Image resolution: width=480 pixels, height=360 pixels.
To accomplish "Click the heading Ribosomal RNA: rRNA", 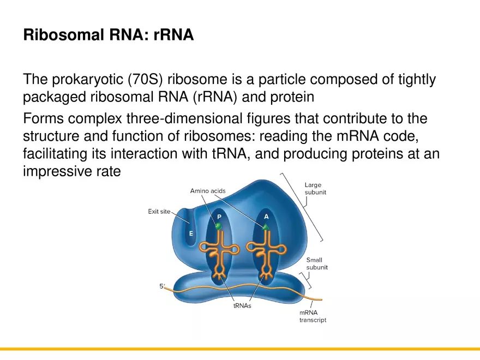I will coord(108,36).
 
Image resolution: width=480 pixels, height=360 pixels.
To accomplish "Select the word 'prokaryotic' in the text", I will coord(87,80).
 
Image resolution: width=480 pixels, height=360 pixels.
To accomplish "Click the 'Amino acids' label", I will coord(207,191).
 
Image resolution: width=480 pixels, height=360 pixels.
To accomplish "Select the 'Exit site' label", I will coord(159,212).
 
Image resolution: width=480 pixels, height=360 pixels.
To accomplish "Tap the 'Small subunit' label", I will coord(316,264).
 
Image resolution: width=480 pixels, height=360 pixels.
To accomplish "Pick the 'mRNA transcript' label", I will coord(313,316).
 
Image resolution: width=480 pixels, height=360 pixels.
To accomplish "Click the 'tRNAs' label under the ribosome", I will coord(242,306).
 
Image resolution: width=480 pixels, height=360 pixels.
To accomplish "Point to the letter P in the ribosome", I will coord(218,216).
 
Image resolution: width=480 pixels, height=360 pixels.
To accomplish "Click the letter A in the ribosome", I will coord(266,217).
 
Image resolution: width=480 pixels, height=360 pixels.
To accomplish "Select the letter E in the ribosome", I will coord(191,233).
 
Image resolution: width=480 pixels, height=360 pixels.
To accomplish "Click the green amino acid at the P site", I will coord(219,225).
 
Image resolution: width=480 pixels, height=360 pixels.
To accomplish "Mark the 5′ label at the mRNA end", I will coord(162,286).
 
